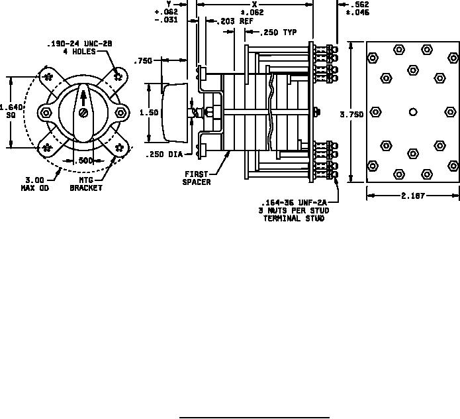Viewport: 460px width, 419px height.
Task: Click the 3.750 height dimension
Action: pyautogui.click(x=351, y=114)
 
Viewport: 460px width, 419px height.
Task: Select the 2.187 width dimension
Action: pyautogui.click(x=413, y=196)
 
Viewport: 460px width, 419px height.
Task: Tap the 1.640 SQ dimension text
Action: pyautogui.click(x=11, y=111)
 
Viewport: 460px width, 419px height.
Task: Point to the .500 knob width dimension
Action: pyautogui.click(x=83, y=160)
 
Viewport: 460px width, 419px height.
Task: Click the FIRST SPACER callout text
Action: pyautogui.click(x=197, y=178)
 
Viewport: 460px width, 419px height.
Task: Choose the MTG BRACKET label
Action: pyautogui.click(x=86, y=184)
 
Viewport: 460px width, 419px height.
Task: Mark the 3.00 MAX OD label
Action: pyautogui.click(x=35, y=184)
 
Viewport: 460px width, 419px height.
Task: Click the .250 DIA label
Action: pyautogui.click(x=164, y=154)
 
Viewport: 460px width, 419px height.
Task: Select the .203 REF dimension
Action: pyautogui.click(x=235, y=21)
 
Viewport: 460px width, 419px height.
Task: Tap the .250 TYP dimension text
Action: pyautogui.click(x=279, y=32)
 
